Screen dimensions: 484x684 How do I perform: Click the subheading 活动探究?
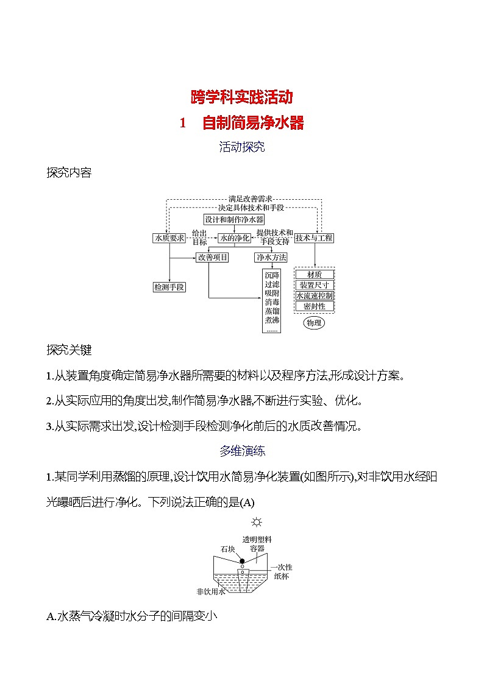(x=242, y=147)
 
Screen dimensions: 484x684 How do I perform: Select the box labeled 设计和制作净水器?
(x=234, y=219)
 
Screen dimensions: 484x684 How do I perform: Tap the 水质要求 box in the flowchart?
(x=169, y=238)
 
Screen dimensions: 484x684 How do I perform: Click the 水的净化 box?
(x=235, y=238)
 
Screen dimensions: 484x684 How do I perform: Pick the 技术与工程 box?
(x=314, y=238)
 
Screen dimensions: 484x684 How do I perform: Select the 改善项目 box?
(x=212, y=257)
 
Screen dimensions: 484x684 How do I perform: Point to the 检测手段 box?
(x=169, y=286)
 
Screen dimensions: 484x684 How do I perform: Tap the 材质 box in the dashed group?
(x=314, y=275)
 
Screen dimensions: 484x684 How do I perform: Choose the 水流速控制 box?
(x=314, y=295)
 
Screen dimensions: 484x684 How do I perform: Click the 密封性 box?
(x=314, y=306)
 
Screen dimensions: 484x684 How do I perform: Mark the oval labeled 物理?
(x=314, y=323)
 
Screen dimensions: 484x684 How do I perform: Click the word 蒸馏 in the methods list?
(x=271, y=311)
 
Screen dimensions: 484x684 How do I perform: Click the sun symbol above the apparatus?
(x=257, y=522)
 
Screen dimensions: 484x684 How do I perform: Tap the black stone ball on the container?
(x=242, y=561)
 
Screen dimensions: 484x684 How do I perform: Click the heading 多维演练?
(x=242, y=451)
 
